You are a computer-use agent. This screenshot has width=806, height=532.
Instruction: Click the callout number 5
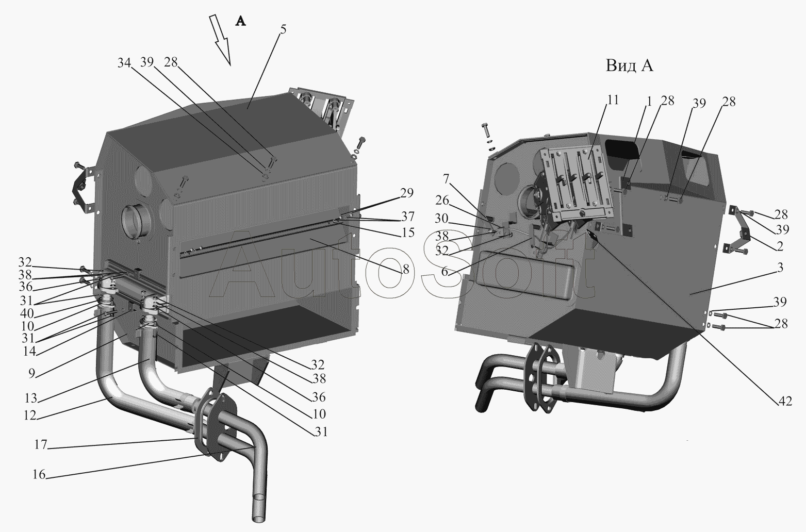click(x=283, y=29)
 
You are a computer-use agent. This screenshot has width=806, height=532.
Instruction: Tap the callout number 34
click(x=124, y=63)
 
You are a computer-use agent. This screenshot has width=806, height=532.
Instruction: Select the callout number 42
click(x=785, y=401)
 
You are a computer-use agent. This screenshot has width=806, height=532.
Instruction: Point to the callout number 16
click(x=39, y=474)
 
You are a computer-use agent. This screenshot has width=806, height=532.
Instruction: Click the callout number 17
click(x=41, y=444)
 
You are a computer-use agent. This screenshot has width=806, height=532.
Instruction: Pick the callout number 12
click(x=30, y=415)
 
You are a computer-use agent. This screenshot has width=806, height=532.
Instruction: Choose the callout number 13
click(x=31, y=398)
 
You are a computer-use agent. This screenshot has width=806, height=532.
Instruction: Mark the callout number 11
click(x=613, y=99)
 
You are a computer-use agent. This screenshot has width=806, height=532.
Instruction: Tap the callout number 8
click(x=406, y=269)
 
